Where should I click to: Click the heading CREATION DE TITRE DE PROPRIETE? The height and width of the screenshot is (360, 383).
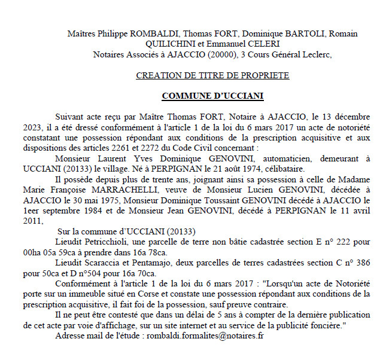(x=212, y=76)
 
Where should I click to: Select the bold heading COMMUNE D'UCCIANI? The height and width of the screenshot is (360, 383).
(x=212, y=96)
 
